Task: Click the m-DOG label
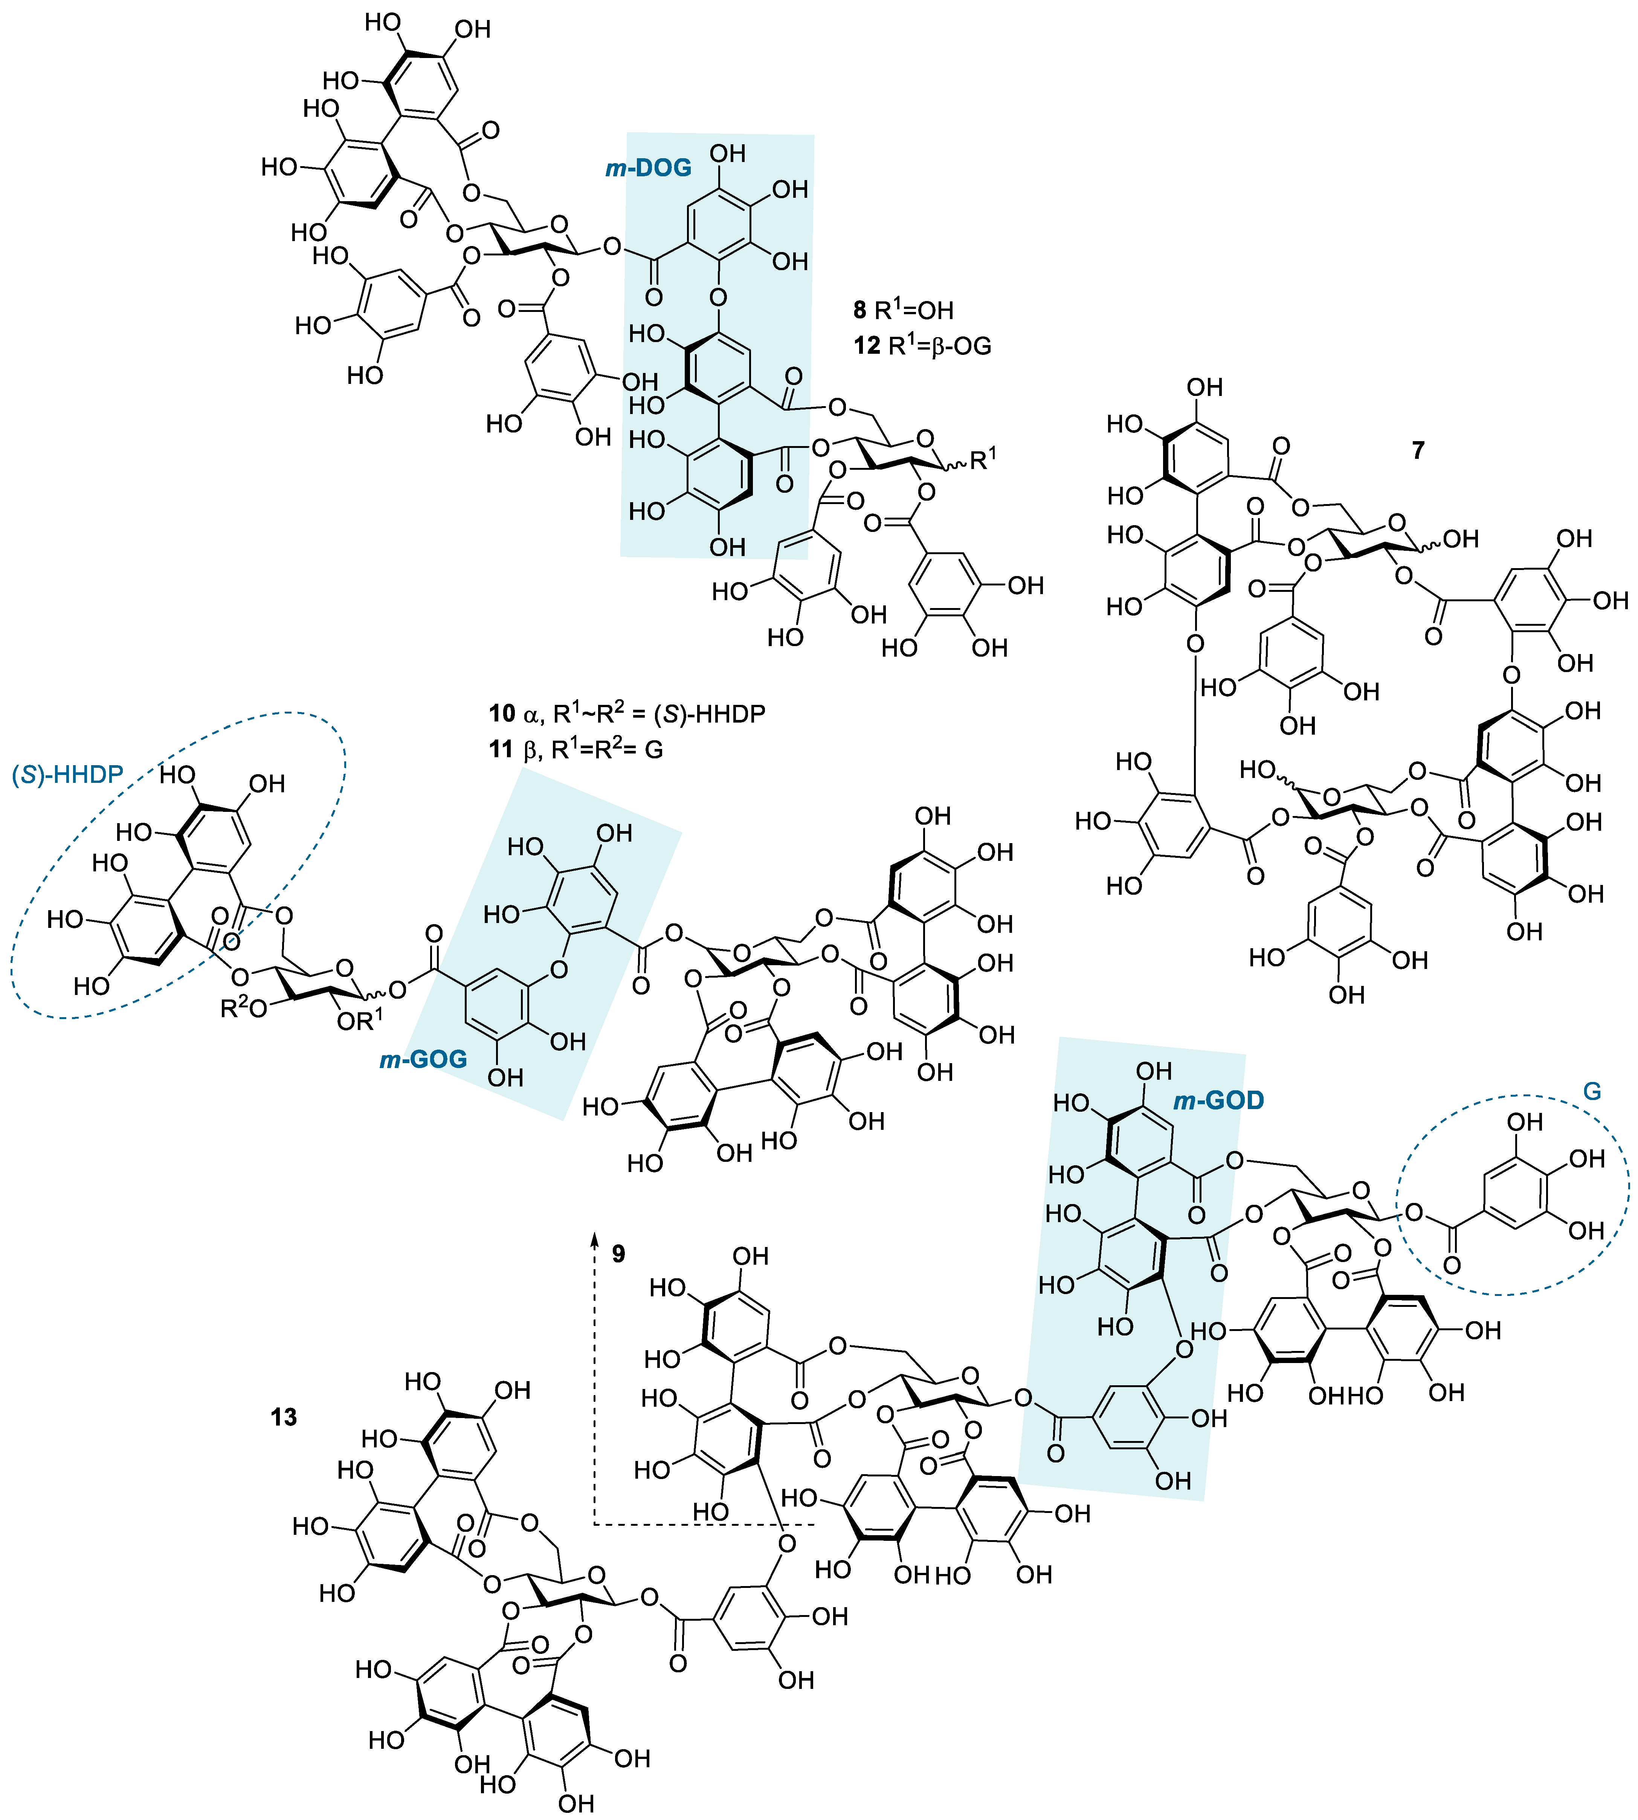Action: point(648,167)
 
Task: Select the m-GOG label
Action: point(423,1059)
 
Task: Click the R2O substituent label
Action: point(243,1009)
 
